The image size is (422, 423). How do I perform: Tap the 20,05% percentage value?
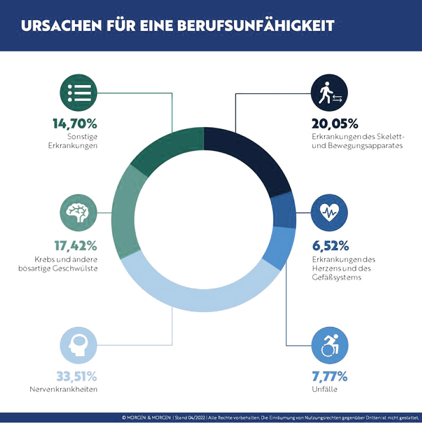point(335,124)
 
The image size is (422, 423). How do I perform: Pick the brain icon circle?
point(79,213)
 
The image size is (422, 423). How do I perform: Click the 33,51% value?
point(77,377)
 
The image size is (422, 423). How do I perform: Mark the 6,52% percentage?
point(330,246)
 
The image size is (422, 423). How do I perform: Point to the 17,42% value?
point(76,246)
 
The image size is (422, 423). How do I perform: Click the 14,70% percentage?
point(76,124)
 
